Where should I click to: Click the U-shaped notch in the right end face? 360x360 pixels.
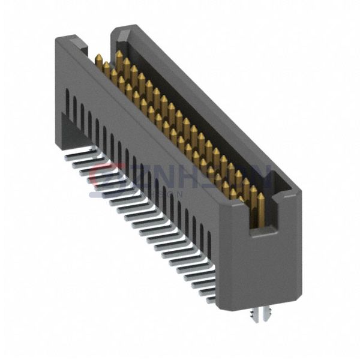click(x=260, y=207)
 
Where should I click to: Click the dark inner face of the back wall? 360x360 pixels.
click(x=198, y=114)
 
